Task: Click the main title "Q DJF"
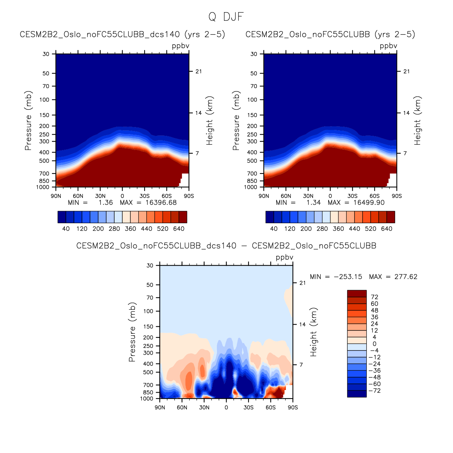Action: tap(226, 17)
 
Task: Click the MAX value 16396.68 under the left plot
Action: tap(161, 203)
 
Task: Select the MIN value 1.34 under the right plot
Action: tap(313, 203)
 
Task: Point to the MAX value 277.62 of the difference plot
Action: tap(405, 277)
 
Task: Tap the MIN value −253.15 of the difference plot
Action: tap(348, 277)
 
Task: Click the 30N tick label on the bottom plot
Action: tap(204, 408)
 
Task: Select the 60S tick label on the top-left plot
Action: tap(166, 196)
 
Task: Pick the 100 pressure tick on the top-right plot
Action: tap(252, 100)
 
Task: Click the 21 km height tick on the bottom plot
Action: tap(303, 283)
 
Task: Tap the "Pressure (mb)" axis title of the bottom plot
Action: tap(132, 332)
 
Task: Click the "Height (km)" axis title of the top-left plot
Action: tap(210, 121)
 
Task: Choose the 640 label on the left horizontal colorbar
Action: tap(179, 229)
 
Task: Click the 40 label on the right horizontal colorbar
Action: tap(274, 229)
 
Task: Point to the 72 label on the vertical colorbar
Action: tap(374, 297)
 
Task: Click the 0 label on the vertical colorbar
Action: tap(374, 344)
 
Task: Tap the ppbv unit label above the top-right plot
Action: tap(388, 46)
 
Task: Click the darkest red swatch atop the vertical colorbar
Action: tap(357, 293)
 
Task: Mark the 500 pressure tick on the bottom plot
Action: tap(148, 372)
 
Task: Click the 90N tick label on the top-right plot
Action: tap(264, 196)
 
